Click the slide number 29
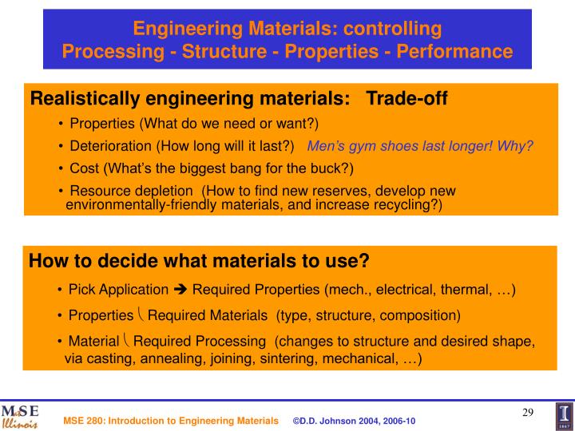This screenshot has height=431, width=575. pos(528,412)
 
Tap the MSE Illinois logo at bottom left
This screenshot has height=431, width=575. pos(19,416)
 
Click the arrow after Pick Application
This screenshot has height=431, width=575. pos(180,289)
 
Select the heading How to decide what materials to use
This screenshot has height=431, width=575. pos(199,262)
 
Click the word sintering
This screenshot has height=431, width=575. pos(298,358)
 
